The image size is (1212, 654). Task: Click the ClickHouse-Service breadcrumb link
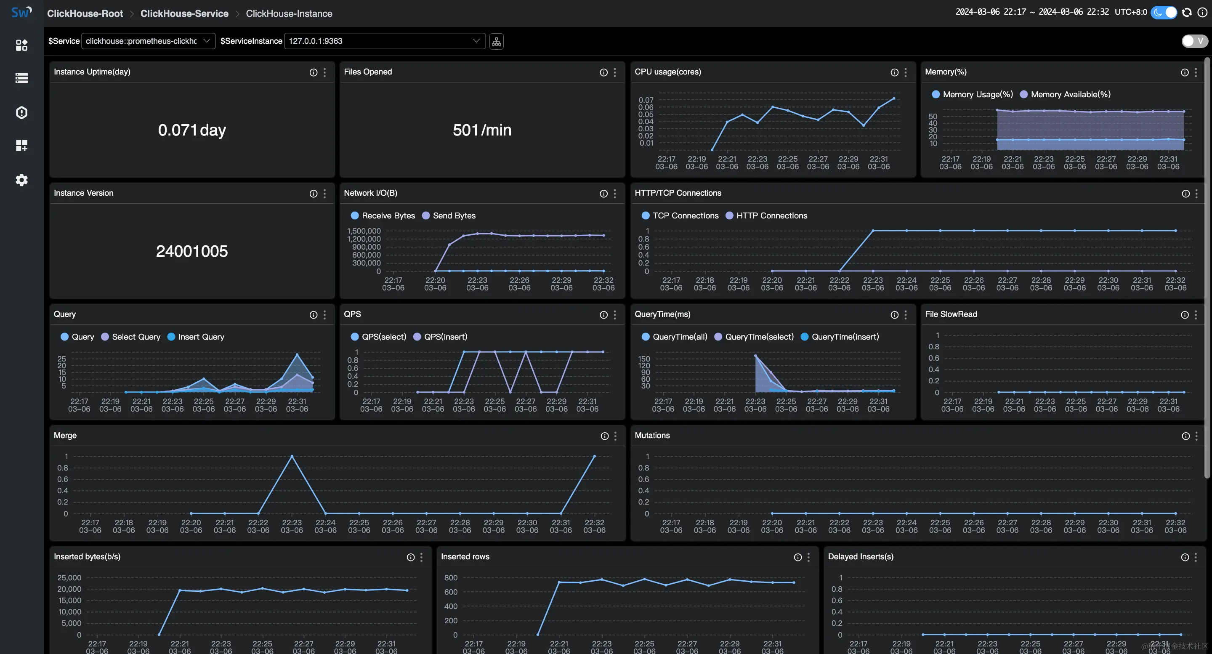pos(184,13)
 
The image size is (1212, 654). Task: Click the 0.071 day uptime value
pos(192,130)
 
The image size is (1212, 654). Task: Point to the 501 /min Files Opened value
pos(482,130)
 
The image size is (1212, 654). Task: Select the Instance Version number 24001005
pos(192,251)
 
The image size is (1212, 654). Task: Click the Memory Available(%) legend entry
pos(1070,95)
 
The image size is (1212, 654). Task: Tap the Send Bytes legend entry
pos(454,215)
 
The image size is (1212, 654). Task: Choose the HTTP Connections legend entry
pos(771,215)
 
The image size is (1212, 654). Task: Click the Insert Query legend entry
pos(201,337)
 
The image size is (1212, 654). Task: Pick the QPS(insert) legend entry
pos(445,337)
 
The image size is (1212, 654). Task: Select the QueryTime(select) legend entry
pos(759,337)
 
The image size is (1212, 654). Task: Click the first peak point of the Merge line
pos(292,456)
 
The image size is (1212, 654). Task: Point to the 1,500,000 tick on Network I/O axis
pos(364,231)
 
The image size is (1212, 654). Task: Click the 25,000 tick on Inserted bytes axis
pos(69,578)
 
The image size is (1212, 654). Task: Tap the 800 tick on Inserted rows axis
pos(451,578)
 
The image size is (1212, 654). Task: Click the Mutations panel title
pos(652,436)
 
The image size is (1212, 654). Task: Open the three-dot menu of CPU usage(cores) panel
pos(906,72)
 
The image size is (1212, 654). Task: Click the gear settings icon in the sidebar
pos(21,180)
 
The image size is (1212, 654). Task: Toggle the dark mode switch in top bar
pos(1164,13)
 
